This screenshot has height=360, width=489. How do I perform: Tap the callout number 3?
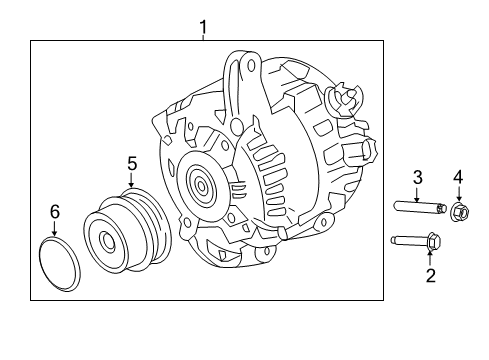(418, 177)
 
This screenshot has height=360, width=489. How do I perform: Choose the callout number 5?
(131, 161)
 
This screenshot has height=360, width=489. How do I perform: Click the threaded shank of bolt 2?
(407, 240)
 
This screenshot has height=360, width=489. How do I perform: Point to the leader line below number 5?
(131, 181)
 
